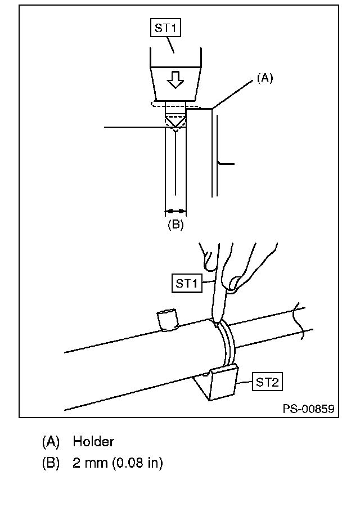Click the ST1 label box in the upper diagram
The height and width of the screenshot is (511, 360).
click(165, 28)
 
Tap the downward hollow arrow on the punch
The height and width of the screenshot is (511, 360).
click(175, 80)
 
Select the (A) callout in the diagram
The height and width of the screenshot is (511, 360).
click(265, 78)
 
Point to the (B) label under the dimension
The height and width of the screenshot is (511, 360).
click(175, 225)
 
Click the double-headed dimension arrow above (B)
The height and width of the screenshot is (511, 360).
click(175, 212)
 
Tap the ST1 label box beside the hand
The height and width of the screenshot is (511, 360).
click(187, 284)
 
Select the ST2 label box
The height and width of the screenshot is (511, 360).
click(267, 382)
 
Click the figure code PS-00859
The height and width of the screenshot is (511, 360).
click(308, 409)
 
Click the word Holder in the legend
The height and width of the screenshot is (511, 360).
click(93, 442)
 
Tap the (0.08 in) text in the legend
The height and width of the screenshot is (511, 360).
click(137, 463)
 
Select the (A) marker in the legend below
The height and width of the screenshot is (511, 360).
click(51, 442)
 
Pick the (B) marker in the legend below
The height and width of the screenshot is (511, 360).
click(51, 463)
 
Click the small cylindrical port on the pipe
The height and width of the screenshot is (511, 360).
click(168, 320)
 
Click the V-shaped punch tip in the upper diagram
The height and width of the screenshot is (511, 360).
click(175, 122)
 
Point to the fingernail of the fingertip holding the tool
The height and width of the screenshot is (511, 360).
click(233, 283)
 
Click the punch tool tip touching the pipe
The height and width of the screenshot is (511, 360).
click(215, 322)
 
